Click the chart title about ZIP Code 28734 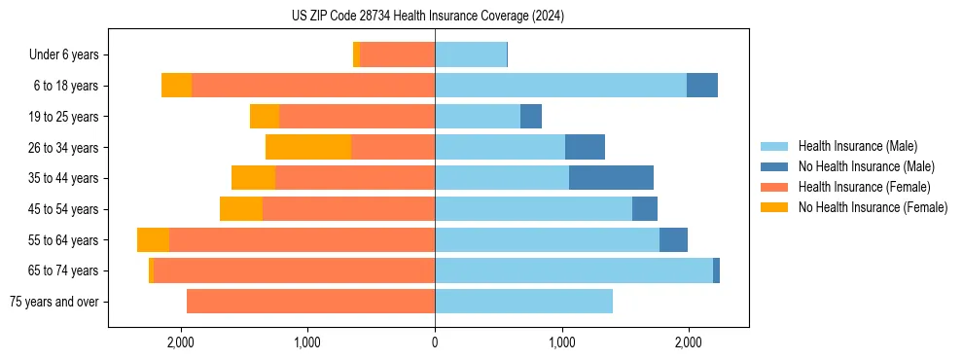coord(427,17)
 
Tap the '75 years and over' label coord(54,302)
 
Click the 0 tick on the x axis coord(435,342)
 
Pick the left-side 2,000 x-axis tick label coord(180,342)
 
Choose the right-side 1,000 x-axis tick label coord(561,342)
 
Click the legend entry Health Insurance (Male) coord(857,146)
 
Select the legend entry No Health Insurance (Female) coord(873,207)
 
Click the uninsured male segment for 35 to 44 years coord(611,178)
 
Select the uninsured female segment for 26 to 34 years coord(308,147)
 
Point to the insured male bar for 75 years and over coord(523,302)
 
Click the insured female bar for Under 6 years coord(397,54)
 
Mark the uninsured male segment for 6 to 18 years coord(702,86)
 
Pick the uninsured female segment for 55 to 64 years coord(153,239)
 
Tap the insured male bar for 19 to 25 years coord(478,116)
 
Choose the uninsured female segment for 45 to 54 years coord(241,208)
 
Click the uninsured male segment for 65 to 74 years coord(716,270)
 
